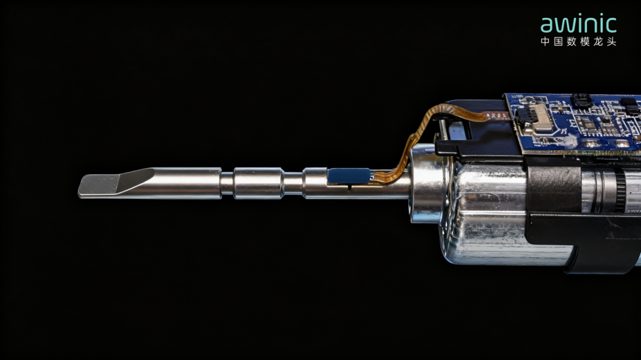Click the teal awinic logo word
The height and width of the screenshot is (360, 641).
click(578, 24)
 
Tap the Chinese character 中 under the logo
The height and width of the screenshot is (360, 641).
click(546, 42)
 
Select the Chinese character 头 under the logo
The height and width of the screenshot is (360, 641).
click(611, 42)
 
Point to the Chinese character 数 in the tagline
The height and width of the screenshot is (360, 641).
click(572, 42)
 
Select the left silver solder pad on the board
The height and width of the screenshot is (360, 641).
click(591, 144)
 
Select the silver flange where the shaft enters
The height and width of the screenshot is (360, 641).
click(424, 184)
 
